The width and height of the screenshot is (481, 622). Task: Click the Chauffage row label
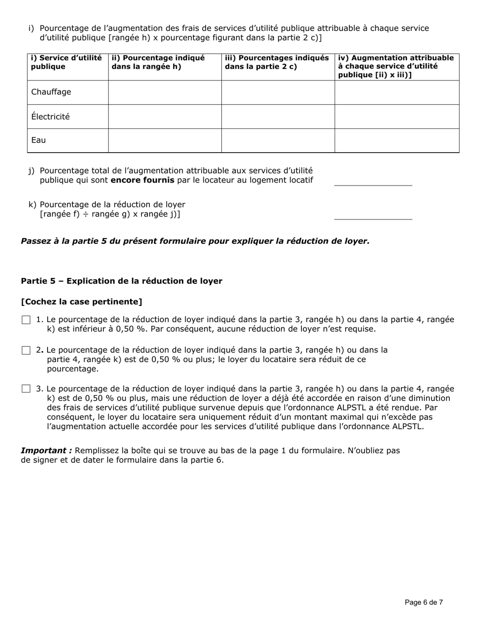point(51,92)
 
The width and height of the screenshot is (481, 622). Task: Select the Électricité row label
point(51,116)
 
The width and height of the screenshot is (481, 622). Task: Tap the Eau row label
point(38,140)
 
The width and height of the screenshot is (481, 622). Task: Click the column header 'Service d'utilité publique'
point(66,62)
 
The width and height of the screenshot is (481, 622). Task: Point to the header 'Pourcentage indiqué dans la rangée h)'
point(158,62)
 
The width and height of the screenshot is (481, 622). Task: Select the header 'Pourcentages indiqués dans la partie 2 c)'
point(276,62)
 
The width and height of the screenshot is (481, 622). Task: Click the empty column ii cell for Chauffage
point(165,92)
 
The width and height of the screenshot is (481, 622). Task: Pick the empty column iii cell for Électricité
point(277,116)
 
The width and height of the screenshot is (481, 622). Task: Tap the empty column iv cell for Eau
point(396,140)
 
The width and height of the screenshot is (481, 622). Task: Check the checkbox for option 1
point(26,320)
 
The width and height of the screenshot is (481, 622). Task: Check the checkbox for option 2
point(26,350)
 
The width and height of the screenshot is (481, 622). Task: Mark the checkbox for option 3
point(26,389)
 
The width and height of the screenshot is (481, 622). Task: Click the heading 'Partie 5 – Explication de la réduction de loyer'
point(122,281)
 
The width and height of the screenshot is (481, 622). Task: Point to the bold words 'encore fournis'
point(142,181)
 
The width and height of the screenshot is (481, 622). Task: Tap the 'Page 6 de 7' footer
point(424,602)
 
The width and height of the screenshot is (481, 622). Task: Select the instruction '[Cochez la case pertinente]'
point(82,302)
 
